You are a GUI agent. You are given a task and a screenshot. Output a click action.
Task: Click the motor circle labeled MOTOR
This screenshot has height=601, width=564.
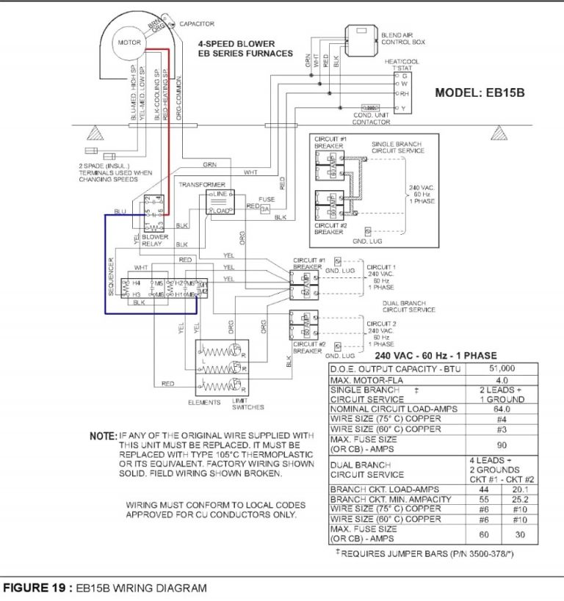[129, 43]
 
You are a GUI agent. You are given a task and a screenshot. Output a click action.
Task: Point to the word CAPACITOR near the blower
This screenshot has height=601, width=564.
[196, 24]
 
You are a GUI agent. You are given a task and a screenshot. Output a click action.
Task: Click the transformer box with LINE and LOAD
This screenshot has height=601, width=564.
[220, 202]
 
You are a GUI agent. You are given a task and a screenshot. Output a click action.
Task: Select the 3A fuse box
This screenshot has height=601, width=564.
[267, 209]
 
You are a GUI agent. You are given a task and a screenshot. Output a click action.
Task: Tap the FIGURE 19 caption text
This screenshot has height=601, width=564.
[105, 588]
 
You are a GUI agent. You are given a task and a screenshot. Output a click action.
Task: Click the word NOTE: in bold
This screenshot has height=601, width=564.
[102, 436]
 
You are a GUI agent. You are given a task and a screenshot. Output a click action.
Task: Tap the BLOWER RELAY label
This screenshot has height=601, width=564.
[155, 241]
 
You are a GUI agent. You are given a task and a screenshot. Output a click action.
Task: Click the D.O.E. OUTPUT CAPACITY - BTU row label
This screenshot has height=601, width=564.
[394, 368]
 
